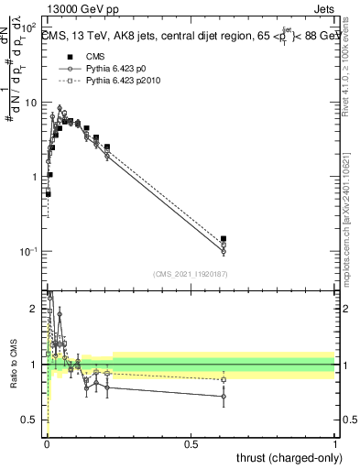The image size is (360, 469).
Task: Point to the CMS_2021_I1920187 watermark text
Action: click(191, 273)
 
